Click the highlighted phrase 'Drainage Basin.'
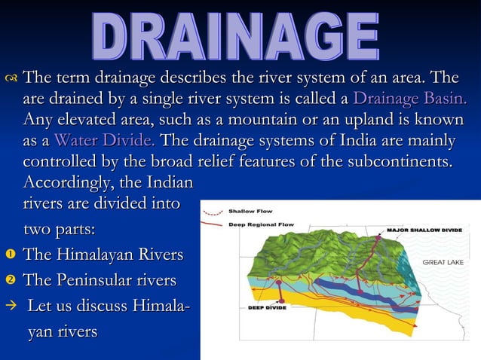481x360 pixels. pyautogui.click(x=409, y=99)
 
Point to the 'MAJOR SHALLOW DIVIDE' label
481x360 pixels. pyautogui.click(x=424, y=229)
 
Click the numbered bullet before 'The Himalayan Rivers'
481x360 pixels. pyautogui.click(x=11, y=255)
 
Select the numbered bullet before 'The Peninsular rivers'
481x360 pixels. pyautogui.click(x=11, y=281)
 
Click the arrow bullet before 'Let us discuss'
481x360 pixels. pyautogui.click(x=11, y=307)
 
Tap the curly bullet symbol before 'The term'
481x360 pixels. pyautogui.click(x=11, y=78)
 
